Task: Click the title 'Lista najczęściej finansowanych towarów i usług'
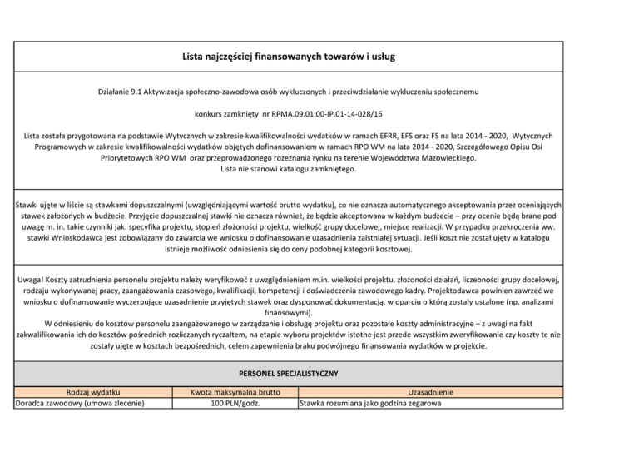point(319,57)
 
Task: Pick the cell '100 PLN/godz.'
point(233,405)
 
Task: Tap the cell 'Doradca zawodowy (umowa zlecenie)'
point(82,405)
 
